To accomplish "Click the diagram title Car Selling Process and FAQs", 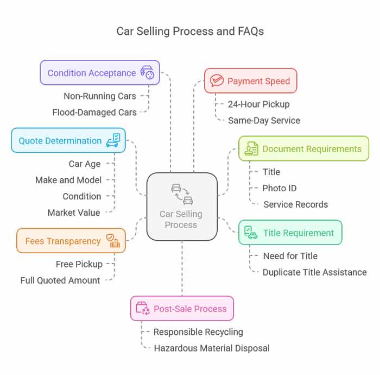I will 190,31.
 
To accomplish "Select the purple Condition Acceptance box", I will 100,73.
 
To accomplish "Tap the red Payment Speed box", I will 250,81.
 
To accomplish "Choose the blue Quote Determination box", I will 68,141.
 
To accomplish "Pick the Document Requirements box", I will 303,148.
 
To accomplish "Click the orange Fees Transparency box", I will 71,241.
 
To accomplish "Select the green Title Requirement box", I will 290,233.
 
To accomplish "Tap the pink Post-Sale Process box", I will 182,309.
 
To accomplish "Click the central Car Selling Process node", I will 182,207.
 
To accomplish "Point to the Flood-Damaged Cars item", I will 94,112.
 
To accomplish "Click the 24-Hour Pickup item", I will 258,104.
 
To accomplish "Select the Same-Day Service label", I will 264,120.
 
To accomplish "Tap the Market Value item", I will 74,212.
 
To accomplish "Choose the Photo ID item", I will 279,188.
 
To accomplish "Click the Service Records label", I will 295,204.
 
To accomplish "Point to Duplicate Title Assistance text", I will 314,272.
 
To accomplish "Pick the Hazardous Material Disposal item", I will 211,348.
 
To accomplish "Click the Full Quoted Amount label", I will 60,280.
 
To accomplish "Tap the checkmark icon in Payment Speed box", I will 217,81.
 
